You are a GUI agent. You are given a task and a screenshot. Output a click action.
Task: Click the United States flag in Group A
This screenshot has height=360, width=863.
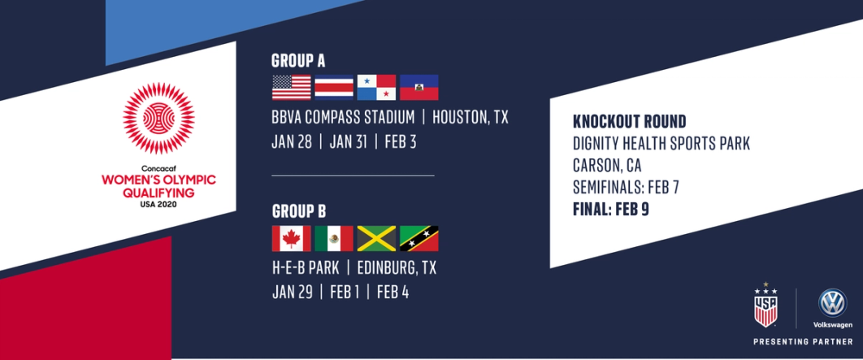pyautogui.click(x=291, y=88)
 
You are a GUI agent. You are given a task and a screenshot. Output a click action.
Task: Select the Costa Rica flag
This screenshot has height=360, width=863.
pyautogui.click(x=334, y=88)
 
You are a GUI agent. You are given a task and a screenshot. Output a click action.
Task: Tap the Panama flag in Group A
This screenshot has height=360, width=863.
pyautogui.click(x=376, y=88)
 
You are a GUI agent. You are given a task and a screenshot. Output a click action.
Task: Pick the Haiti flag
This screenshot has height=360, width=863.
pyautogui.click(x=418, y=88)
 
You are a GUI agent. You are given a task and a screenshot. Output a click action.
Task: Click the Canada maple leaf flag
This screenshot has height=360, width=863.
pyautogui.click(x=291, y=238)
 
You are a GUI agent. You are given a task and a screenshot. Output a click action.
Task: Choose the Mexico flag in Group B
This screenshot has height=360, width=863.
pyautogui.click(x=334, y=238)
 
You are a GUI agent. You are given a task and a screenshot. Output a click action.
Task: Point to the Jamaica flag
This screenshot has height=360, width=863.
pyautogui.click(x=376, y=238)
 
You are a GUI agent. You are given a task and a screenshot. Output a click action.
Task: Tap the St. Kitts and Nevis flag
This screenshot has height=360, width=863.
pyautogui.click(x=418, y=238)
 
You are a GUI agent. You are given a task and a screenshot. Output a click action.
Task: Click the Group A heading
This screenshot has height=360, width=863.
pyautogui.click(x=297, y=61)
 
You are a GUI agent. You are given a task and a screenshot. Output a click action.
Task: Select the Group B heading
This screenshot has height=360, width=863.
pyautogui.click(x=297, y=211)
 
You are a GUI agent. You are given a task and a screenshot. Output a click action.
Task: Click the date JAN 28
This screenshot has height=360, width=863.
pyautogui.click(x=292, y=142)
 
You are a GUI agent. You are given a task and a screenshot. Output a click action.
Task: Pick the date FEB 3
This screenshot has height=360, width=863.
pyautogui.click(x=400, y=142)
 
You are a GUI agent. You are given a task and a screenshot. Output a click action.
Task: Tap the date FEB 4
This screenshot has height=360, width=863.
pyautogui.click(x=392, y=292)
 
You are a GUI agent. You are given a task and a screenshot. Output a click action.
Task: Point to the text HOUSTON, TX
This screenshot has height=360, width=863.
pyautogui.click(x=470, y=118)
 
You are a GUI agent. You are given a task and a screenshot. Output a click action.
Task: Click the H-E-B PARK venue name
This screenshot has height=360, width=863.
pyautogui.click(x=306, y=268)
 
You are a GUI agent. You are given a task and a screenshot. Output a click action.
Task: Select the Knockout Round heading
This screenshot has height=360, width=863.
pyautogui.click(x=629, y=122)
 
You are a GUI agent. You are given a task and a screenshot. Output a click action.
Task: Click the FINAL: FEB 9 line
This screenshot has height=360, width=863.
pyautogui.click(x=611, y=210)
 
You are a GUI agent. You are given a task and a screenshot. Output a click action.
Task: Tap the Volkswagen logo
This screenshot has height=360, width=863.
pyautogui.click(x=831, y=303)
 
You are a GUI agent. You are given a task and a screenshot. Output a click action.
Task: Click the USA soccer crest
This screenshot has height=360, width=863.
pyautogui.click(x=765, y=306)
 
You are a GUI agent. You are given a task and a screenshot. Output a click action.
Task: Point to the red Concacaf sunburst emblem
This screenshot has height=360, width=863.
pyautogui.click(x=158, y=118)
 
